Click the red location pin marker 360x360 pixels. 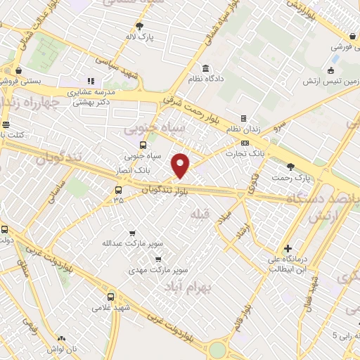pyautogui.click(x=181, y=165)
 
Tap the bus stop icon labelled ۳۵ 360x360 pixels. pyautogui.click(x=117, y=189)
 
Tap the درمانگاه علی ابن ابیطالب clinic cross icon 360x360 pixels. pyautogui.click(x=287, y=248)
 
